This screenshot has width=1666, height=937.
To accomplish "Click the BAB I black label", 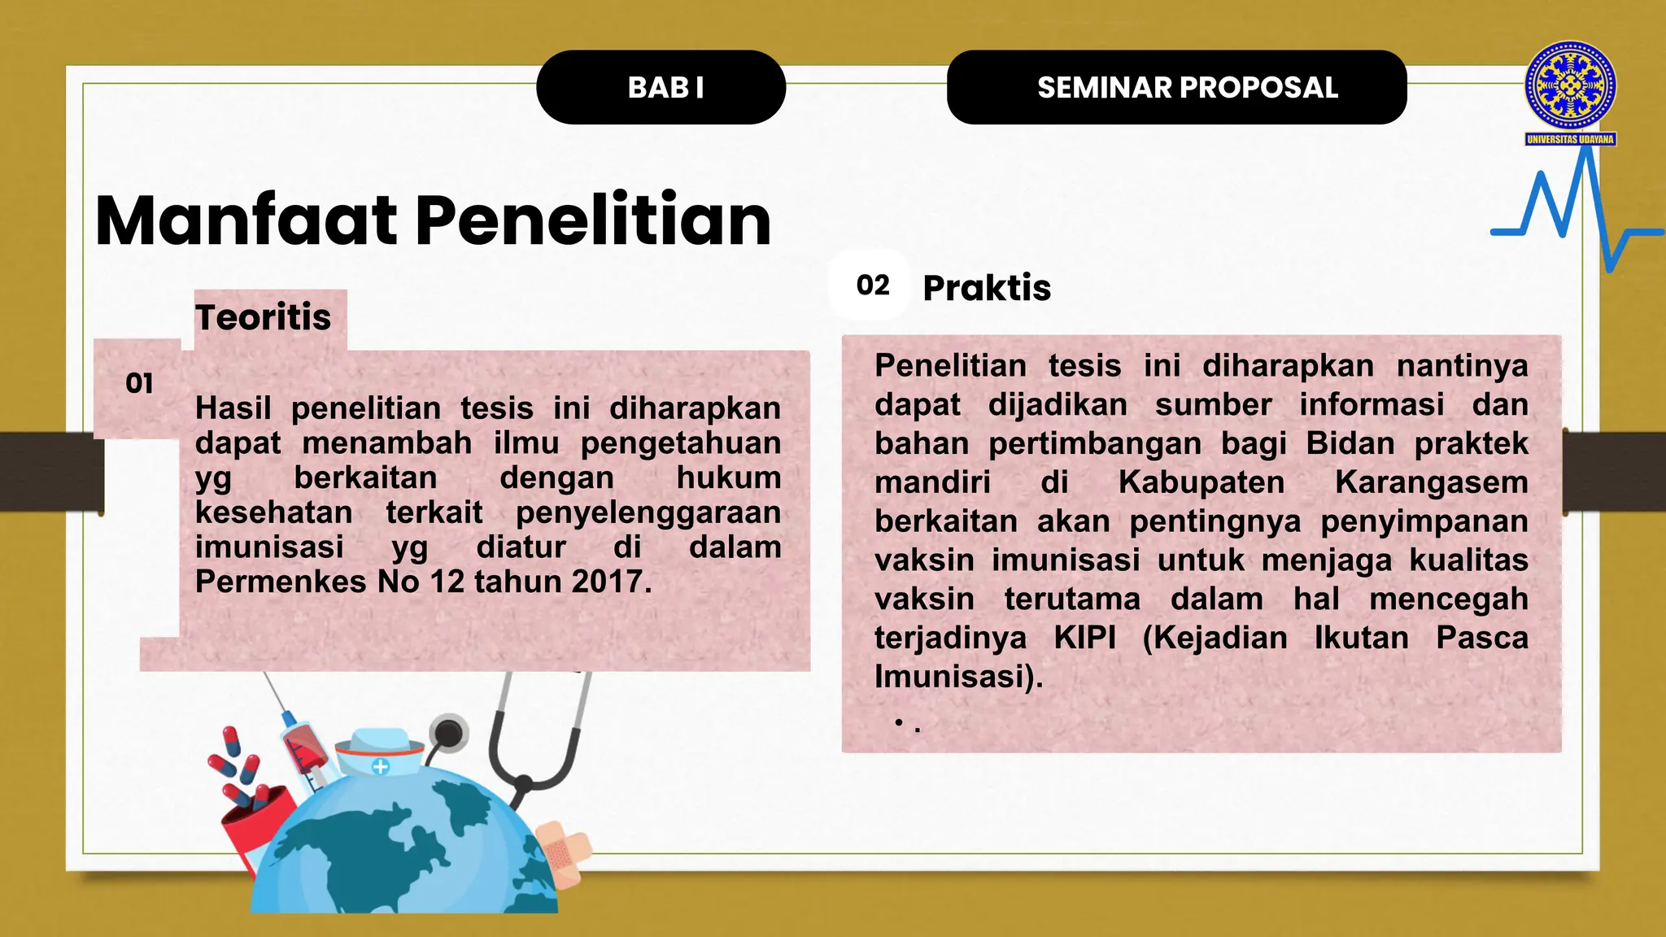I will coord(661,88).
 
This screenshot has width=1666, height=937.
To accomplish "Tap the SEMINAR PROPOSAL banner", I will coord(1176,88).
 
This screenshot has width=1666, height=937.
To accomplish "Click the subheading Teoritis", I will coord(263,317).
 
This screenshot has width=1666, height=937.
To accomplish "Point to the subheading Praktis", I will coord(987,288).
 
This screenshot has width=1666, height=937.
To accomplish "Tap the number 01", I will coord(139,383).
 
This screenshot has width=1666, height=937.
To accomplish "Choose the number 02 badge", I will coord(872,285).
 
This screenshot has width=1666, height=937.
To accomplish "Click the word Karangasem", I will coord(1431,482).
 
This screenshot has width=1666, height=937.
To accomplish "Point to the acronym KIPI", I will coord(1085,638).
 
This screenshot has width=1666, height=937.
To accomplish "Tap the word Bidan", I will coord(1350,444).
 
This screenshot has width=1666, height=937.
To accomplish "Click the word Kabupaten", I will coord(1201,482).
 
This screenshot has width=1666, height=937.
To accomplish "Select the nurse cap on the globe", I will coord(380,752).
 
